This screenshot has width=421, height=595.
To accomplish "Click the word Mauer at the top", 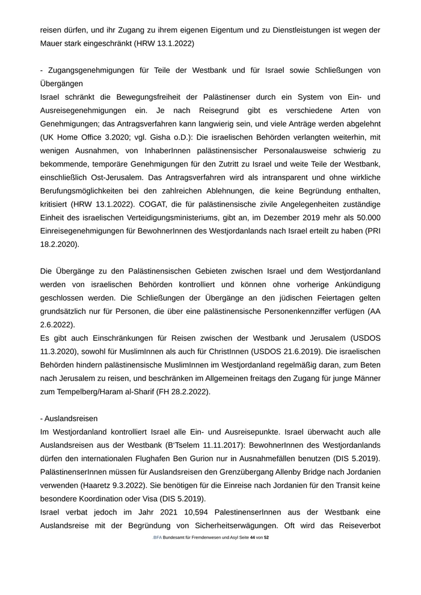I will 53,43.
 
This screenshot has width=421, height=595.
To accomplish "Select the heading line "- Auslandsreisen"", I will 69,418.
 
